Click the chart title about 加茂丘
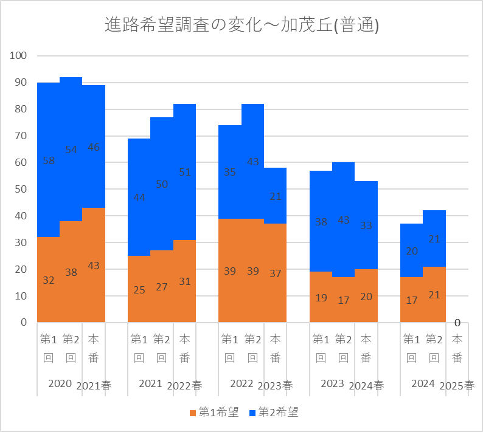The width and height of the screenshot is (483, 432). tap(241, 25)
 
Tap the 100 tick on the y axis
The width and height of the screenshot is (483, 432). tap(18, 55)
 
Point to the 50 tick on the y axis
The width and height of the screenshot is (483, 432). tap(21, 189)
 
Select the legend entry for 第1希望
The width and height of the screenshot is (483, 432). tap(214, 412)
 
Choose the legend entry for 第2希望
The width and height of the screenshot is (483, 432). tap(274, 412)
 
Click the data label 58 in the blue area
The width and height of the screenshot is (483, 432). tap(49, 160)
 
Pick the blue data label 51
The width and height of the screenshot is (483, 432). tap(185, 172)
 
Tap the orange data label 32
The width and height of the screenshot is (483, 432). tap(49, 280)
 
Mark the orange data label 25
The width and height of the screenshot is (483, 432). tap(139, 290)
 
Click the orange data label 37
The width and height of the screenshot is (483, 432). tap(276, 273)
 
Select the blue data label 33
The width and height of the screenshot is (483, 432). tap(366, 225)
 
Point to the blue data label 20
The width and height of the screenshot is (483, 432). tap(412, 251)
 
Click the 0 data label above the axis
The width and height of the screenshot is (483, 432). tap(457, 323)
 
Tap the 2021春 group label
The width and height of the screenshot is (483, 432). tap(94, 386)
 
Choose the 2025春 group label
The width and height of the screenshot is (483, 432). tap(457, 386)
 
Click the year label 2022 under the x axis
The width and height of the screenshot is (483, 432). tap(241, 383)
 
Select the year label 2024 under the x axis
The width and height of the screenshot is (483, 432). tap(423, 383)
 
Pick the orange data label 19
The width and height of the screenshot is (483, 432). tap(321, 298)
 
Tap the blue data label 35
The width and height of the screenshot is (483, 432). tap(230, 172)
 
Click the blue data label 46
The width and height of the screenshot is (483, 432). tap(94, 147)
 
